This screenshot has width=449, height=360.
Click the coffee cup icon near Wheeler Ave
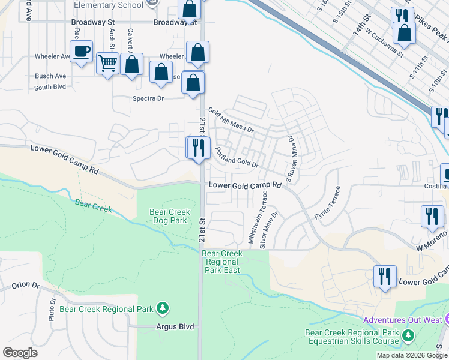(x=81, y=51)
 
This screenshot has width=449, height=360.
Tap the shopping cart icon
(x=107, y=62)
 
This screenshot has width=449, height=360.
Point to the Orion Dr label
(x=25, y=286)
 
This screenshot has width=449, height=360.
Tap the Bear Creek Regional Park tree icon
(x=162, y=308)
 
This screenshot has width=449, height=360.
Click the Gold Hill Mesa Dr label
(x=231, y=121)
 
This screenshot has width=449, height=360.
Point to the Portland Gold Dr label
(x=237, y=158)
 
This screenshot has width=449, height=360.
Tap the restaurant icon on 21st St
(x=199, y=148)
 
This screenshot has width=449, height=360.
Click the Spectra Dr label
(x=148, y=98)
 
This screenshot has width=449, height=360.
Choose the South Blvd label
(x=50, y=87)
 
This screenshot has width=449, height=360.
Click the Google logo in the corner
(x=20, y=353)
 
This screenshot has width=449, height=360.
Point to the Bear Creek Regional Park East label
(x=222, y=262)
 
